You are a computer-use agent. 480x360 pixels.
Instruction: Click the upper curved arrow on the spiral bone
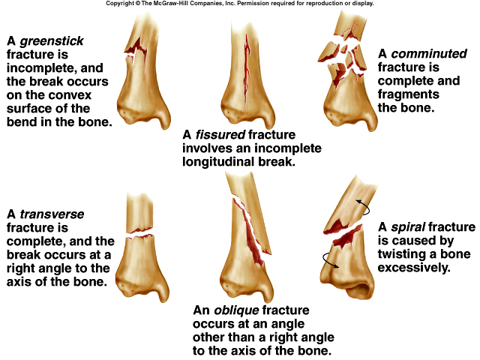[x=362, y=208]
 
